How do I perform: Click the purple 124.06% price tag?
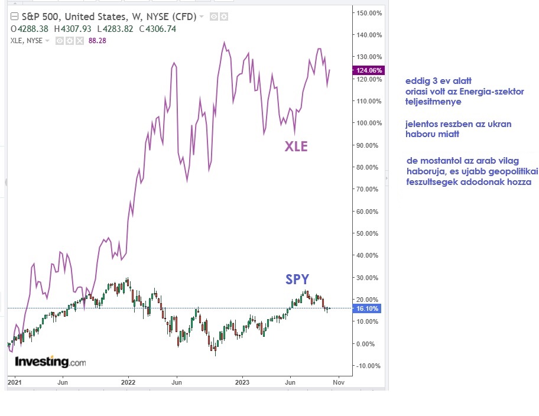point(369,70)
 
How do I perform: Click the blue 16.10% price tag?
point(369,308)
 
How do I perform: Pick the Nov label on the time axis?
point(339,382)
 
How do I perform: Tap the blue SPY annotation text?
point(297,279)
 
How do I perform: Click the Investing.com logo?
point(50,361)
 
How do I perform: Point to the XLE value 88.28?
point(98,41)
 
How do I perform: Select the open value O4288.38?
point(30,28)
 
